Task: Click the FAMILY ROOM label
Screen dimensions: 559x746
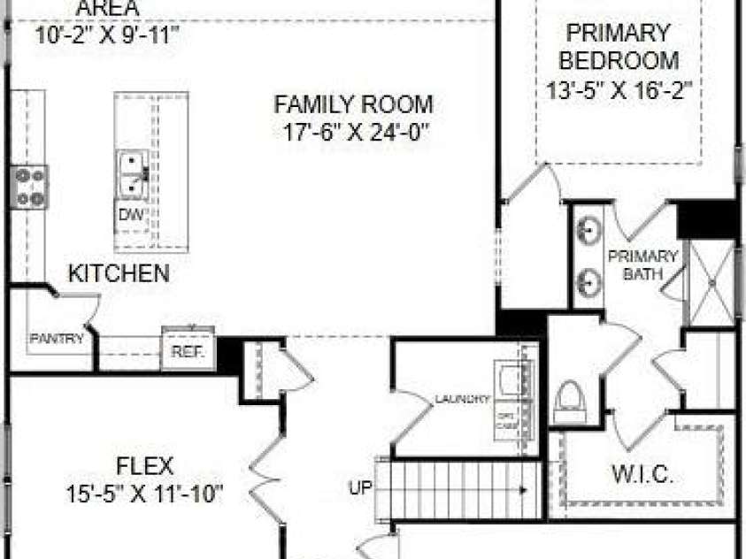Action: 353,104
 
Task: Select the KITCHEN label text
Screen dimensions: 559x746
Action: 119,273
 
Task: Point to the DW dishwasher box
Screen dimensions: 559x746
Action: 131,215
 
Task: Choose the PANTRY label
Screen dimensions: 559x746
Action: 57,338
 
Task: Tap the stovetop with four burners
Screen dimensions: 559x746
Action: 28,188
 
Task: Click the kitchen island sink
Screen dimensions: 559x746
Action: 133,174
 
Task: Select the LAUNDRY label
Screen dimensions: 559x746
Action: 462,400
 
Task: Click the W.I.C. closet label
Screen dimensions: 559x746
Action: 642,473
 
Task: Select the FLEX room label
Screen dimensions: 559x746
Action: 144,465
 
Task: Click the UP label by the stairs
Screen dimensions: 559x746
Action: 359,487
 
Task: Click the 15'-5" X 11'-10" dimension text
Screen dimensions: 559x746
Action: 144,494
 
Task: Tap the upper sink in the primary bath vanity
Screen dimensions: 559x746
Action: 587,232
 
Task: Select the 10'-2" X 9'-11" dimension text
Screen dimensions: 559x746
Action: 108,34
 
